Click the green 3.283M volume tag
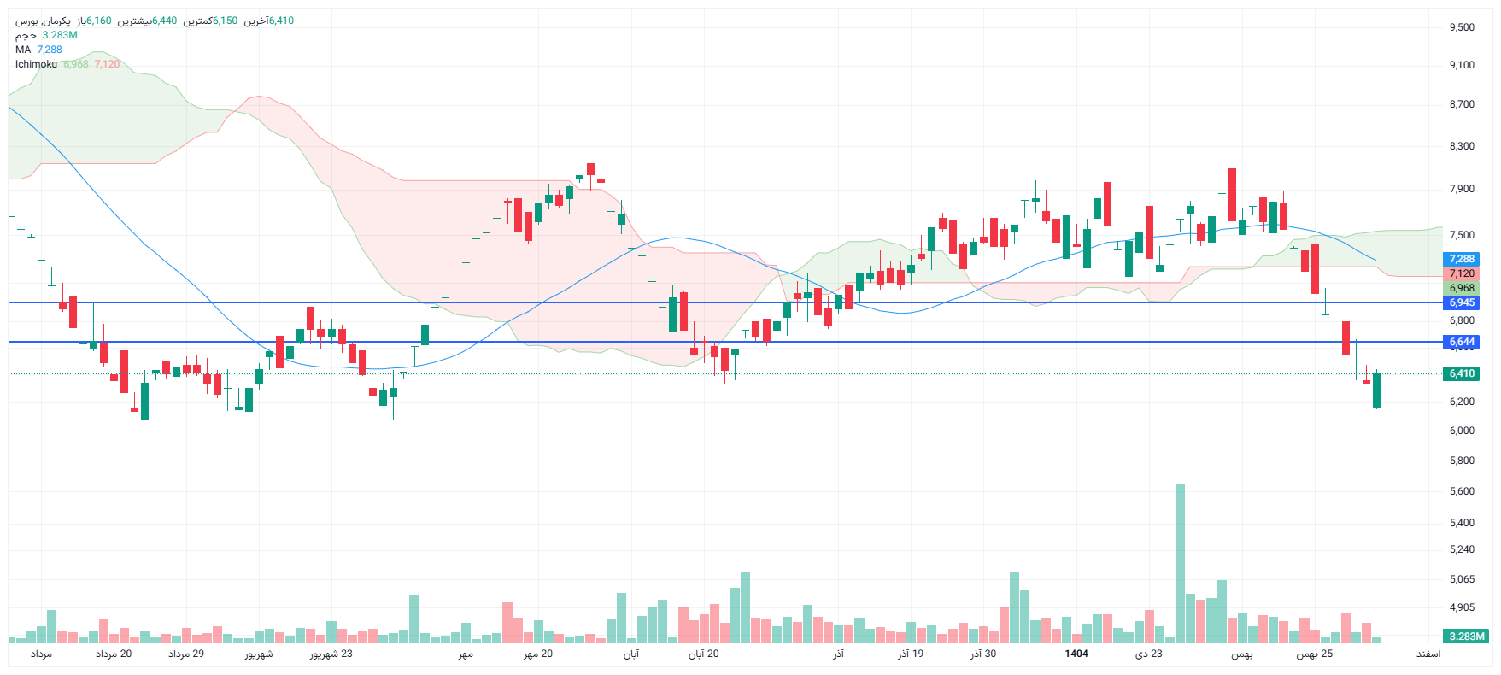tap(1466, 637)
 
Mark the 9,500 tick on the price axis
tap(1462, 27)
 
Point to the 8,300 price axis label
tap(1462, 146)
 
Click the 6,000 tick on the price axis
tap(1462, 431)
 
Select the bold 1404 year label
tap(1076, 654)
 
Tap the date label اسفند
tap(1428, 654)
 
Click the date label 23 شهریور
tap(331, 654)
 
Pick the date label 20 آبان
tap(703, 654)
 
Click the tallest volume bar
tap(1180, 564)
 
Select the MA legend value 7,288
tap(50, 50)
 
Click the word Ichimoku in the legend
tap(37, 64)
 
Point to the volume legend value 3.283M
tap(60, 35)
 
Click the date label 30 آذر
tap(983, 654)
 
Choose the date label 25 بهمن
tap(1314, 654)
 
